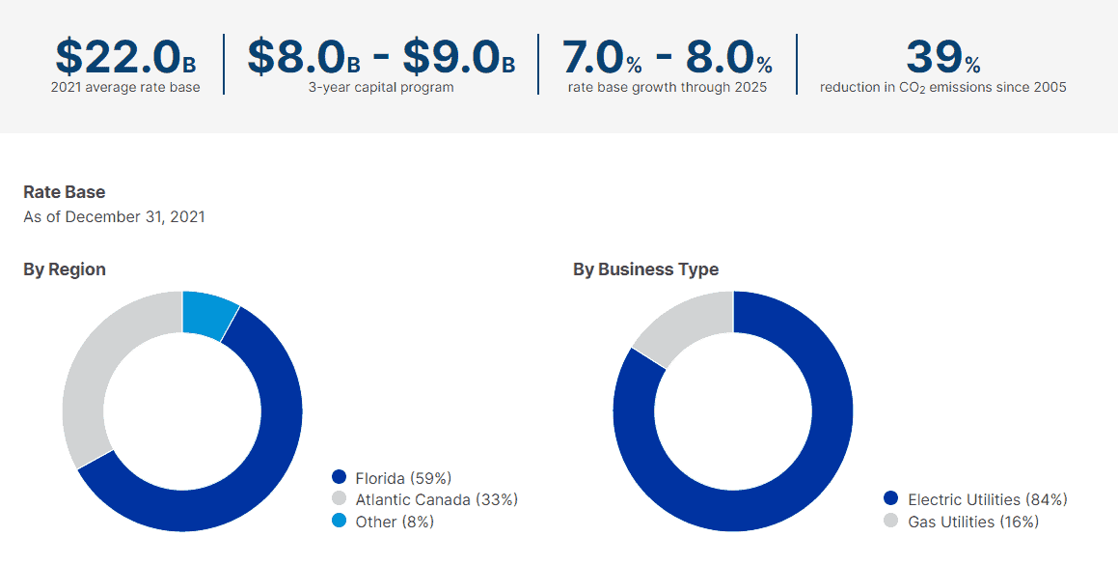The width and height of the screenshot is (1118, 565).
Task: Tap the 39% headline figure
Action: click(942, 58)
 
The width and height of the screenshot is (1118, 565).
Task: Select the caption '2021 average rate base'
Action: click(125, 88)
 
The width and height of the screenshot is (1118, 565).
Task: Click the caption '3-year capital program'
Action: click(381, 88)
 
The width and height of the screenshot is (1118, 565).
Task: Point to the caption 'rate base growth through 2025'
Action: click(667, 88)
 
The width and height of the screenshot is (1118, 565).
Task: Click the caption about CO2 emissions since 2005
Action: click(942, 88)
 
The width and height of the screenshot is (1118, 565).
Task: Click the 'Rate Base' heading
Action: click(65, 192)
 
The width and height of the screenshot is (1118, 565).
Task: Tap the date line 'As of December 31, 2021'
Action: click(114, 216)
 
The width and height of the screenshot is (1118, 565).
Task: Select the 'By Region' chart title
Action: click(65, 269)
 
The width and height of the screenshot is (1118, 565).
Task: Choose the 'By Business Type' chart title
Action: click(645, 269)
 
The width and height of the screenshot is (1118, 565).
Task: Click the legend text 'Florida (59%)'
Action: click(403, 477)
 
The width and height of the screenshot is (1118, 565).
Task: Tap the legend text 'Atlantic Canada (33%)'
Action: click(436, 499)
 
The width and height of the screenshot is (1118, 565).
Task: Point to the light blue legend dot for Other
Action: click(339, 522)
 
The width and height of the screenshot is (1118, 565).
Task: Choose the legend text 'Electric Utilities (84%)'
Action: click(987, 499)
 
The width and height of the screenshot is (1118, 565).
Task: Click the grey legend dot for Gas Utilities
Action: click(890, 522)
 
